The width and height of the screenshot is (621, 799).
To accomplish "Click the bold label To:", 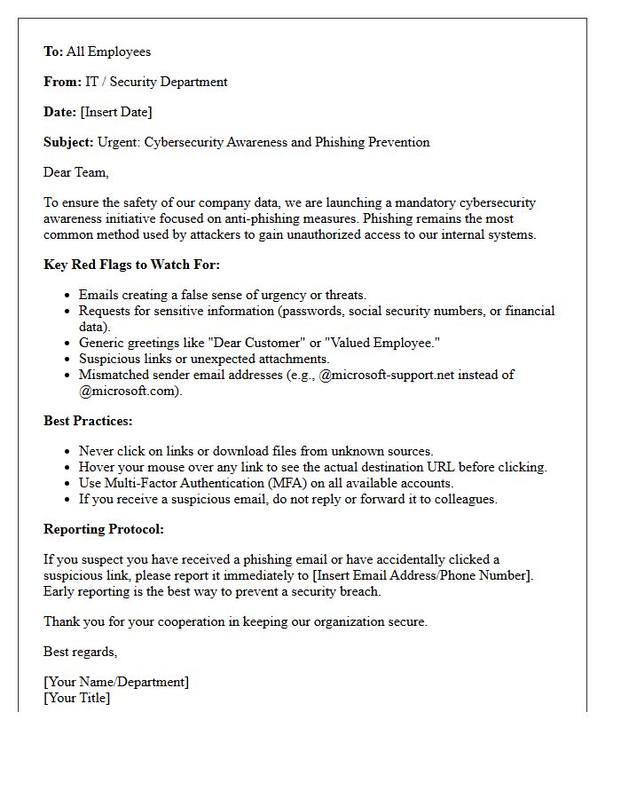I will point(53,51).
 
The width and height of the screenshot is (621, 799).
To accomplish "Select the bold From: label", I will point(62,82).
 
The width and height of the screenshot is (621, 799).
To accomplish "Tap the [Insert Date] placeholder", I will point(115,112).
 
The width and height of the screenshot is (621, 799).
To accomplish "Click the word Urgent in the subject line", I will point(118,142).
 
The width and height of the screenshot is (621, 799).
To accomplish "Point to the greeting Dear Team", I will point(76,172).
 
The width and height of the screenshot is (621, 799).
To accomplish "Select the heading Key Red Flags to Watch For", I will point(131,265).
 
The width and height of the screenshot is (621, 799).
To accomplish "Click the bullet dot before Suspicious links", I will point(68,359).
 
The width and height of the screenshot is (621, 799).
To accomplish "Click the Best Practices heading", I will point(88,421).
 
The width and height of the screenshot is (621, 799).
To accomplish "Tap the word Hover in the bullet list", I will point(97,467).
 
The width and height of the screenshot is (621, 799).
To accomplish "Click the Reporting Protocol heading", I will point(104,529).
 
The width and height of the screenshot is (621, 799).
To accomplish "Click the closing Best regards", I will point(80,652).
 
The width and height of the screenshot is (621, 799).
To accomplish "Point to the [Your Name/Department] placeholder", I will point(116,682).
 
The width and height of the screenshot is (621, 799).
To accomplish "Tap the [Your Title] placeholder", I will point(77,698).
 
